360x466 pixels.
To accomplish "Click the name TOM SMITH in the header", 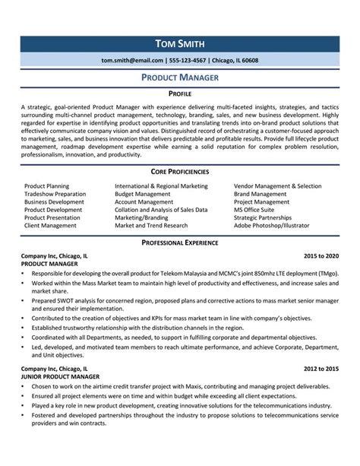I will tap(180, 43).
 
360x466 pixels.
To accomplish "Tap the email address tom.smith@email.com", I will tap(132, 60).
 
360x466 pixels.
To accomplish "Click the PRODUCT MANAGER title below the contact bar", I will tap(180, 78).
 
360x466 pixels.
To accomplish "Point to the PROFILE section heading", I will tap(180, 94).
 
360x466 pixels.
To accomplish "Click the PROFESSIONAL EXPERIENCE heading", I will tap(180, 243).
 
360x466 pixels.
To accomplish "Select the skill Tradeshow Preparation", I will tap(55, 195).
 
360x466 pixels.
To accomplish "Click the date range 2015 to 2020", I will tap(321, 257).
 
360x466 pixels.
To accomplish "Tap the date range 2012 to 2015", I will tap(321, 369).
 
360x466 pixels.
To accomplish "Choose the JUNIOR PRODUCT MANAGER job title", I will tap(60, 377).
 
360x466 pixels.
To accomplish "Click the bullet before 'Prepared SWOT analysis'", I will tap(24, 300).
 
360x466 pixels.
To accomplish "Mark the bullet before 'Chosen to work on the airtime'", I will tap(24, 387).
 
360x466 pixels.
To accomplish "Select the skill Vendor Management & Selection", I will tap(277, 185).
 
